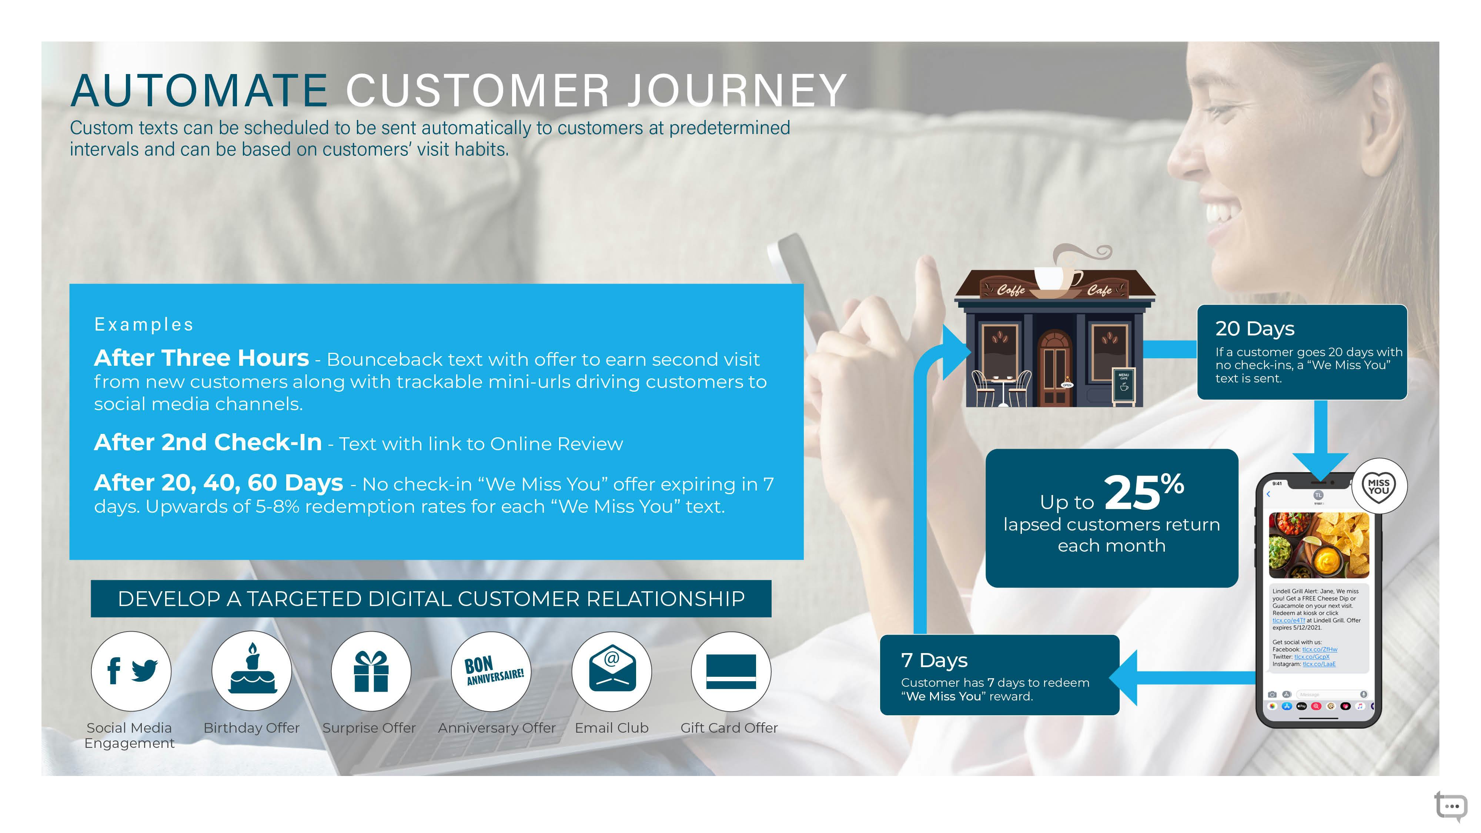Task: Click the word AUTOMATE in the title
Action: coord(199,90)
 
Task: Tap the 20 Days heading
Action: coord(1254,329)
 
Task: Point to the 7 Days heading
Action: coord(934,660)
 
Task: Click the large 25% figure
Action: coord(1144,492)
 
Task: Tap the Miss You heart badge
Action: coord(1379,486)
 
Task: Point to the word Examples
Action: coord(144,325)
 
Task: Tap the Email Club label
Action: coord(612,728)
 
